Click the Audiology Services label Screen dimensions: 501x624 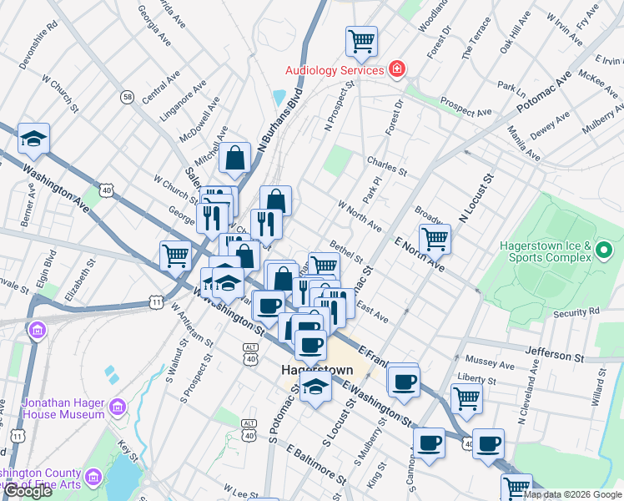tap(335, 70)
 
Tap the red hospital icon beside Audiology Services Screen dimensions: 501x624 tap(397, 68)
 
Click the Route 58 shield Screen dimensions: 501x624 tap(127, 97)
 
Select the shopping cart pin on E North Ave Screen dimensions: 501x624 tap(435, 238)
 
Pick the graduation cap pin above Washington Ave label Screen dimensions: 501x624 tap(33, 138)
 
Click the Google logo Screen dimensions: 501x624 tap(28, 491)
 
